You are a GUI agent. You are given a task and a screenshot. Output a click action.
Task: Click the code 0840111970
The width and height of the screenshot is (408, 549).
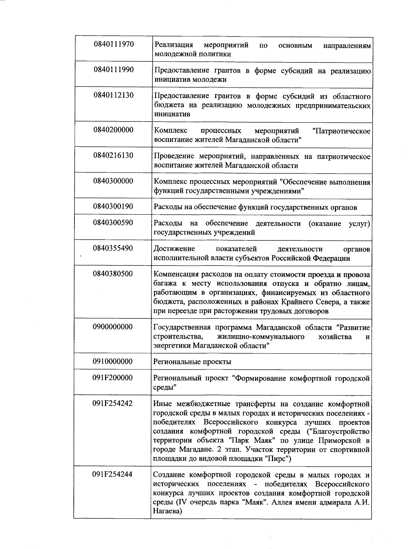114,44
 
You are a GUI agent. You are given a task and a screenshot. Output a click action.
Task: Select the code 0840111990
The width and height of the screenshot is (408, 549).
114,70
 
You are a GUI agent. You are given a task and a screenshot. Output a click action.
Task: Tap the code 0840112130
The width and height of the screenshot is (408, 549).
114,95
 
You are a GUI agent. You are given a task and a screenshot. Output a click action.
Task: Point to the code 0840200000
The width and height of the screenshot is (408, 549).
114,130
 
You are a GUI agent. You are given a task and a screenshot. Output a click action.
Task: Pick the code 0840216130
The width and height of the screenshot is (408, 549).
114,155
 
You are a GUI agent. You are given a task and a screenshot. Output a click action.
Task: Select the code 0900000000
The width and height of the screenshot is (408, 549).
113,327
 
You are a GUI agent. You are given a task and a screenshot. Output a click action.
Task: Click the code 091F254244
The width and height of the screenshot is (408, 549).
113,475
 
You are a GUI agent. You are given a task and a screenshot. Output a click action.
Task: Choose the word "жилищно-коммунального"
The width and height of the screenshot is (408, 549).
260,337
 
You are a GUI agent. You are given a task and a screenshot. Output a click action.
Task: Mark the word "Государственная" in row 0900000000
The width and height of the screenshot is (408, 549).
183,328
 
